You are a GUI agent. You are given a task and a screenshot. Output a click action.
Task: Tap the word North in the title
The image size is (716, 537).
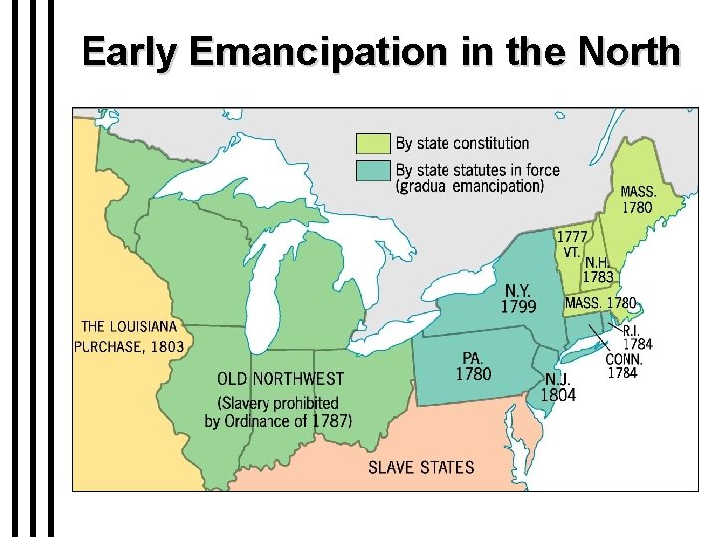(x=623, y=51)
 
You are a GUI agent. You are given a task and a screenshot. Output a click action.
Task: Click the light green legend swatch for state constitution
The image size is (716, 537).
(x=373, y=144)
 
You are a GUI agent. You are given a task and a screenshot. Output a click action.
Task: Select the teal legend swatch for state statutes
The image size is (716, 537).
(x=373, y=170)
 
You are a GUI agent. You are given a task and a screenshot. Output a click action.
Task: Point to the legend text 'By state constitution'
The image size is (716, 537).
(x=462, y=144)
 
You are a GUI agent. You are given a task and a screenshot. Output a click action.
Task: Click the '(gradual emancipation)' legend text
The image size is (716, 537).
(x=469, y=186)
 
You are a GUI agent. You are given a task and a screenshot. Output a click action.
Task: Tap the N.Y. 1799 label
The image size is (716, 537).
(x=518, y=298)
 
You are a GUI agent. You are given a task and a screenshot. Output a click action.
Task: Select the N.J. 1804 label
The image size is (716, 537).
(x=558, y=387)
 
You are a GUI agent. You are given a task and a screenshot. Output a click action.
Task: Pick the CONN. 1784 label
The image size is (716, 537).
(x=624, y=366)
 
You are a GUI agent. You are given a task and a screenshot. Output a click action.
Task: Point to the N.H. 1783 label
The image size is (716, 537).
(x=599, y=269)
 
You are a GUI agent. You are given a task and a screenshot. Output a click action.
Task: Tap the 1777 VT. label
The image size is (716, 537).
(x=570, y=244)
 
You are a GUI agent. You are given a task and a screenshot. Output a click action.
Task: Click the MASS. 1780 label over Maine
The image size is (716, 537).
(x=636, y=200)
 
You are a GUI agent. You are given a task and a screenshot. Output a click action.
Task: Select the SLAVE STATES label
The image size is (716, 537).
(x=422, y=467)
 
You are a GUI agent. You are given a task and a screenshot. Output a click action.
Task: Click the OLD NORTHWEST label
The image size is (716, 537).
(x=280, y=379)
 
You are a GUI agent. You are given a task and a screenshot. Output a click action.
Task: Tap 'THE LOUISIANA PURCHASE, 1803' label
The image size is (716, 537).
(x=129, y=336)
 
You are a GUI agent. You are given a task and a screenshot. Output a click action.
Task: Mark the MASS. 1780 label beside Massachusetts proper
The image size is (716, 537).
(x=601, y=302)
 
